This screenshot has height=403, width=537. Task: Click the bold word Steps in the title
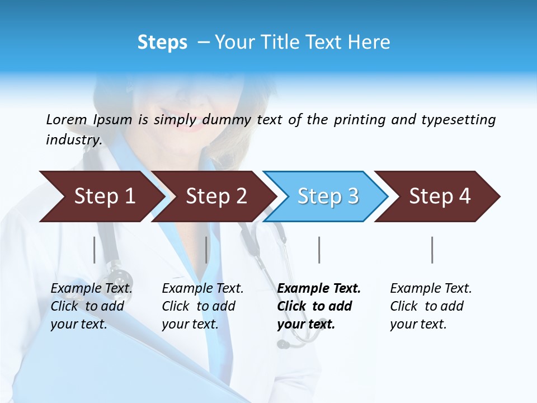(162, 43)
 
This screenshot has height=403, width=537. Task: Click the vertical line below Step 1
(95, 250)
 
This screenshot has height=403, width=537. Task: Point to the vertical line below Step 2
(206, 250)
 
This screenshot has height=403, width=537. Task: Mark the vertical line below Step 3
(319, 250)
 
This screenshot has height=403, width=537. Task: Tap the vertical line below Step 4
(432, 250)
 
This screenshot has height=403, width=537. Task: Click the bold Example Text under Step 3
(319, 289)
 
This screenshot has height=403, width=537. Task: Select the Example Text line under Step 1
(91, 289)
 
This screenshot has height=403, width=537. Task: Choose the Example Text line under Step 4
(431, 289)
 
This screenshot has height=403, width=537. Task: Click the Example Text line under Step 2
(202, 289)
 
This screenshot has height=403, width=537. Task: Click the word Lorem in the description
(66, 120)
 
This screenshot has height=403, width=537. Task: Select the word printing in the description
(360, 120)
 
